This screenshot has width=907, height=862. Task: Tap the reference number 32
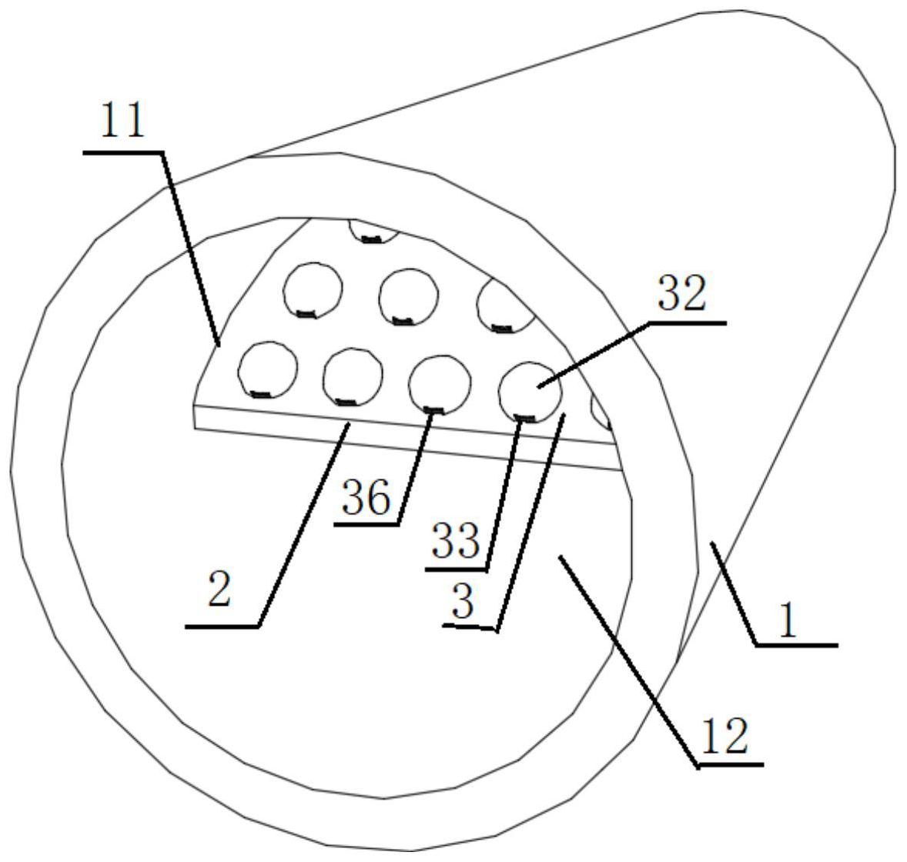pyautogui.click(x=681, y=294)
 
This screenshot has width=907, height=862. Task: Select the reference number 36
pyautogui.click(x=366, y=499)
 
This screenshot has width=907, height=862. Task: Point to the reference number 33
pyautogui.click(x=456, y=542)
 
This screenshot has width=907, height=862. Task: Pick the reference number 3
pyautogui.click(x=462, y=602)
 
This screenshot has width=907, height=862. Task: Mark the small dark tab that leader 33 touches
pyautogui.click(x=524, y=419)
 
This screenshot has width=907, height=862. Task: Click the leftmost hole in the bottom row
pyautogui.click(x=267, y=369)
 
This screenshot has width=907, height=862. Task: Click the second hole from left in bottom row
pyautogui.click(x=352, y=376)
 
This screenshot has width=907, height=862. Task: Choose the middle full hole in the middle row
pyautogui.click(x=409, y=296)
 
